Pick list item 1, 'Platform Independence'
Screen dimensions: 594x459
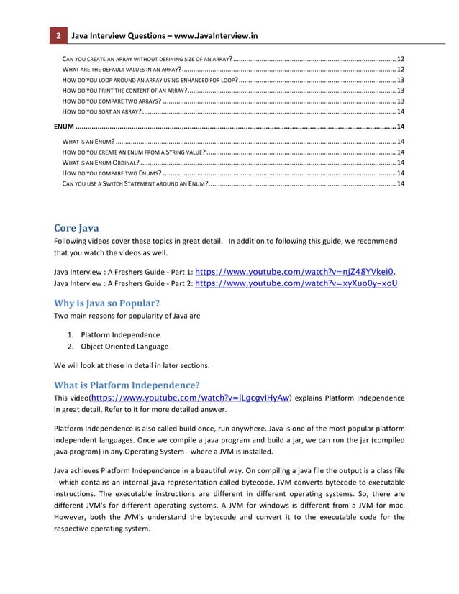point(120,335)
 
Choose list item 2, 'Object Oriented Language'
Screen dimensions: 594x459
point(124,347)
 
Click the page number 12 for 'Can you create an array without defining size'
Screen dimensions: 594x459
point(400,58)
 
